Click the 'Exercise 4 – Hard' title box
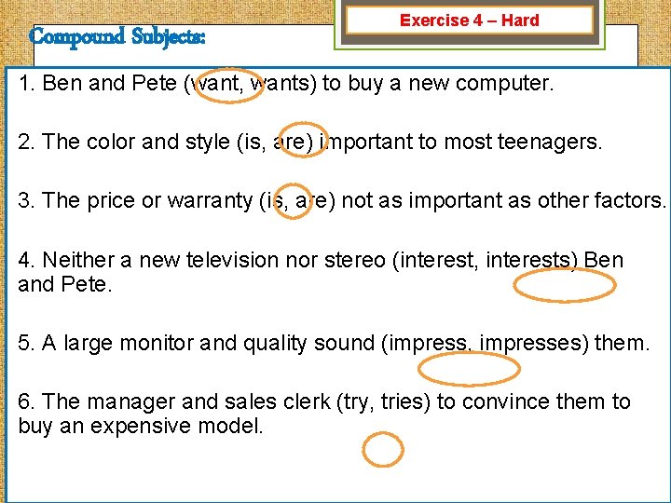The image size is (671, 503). point(469,20)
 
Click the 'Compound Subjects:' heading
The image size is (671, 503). point(117,37)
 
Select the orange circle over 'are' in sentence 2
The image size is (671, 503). point(304,141)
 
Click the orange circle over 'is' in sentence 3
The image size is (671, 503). point(294,199)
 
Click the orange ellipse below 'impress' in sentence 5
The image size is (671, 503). point(468,370)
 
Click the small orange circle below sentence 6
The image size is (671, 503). point(382,450)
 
